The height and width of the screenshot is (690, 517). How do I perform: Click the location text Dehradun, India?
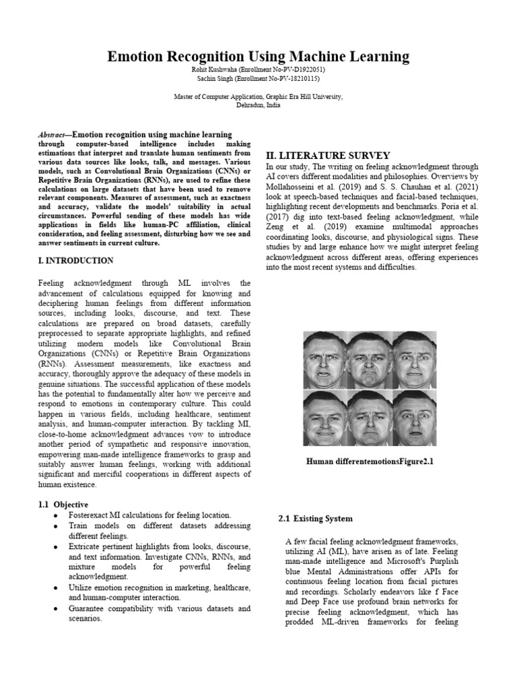tap(258, 105)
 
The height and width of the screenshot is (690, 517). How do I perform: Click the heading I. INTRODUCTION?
tap(75, 260)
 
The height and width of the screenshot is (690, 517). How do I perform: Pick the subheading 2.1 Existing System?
tap(315, 519)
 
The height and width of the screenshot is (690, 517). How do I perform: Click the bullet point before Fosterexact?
tap(54, 515)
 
